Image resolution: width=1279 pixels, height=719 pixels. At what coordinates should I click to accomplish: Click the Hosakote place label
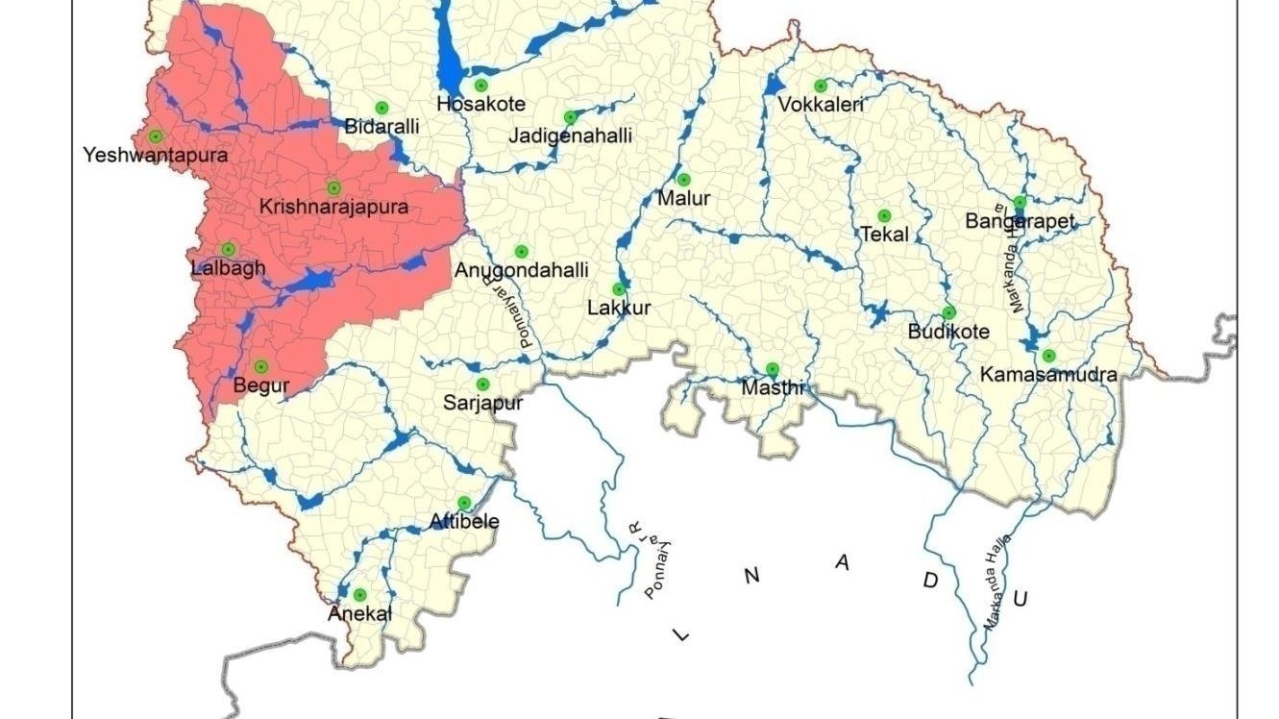point(480,104)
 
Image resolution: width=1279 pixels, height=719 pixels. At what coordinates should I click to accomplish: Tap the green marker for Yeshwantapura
point(156,136)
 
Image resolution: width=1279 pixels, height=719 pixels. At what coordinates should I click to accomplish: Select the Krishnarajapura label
point(333,207)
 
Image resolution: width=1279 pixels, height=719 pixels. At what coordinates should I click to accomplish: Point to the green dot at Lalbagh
point(229,250)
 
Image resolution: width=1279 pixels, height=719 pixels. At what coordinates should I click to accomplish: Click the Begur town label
point(260,386)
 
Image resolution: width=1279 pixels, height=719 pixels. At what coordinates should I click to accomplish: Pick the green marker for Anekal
point(359,595)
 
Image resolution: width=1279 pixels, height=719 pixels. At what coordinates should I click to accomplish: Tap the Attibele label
point(464,522)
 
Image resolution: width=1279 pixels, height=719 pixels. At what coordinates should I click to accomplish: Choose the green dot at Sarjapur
point(482,384)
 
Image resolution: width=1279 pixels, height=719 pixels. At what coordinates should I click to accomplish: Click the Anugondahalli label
point(521,271)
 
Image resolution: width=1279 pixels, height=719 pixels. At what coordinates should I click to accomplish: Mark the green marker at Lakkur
point(619,289)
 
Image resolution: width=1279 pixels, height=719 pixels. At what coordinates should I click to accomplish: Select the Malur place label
point(683,199)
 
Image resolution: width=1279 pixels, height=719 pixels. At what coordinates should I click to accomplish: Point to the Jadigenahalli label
point(570,136)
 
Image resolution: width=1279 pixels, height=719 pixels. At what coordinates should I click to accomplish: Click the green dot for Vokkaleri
point(821,87)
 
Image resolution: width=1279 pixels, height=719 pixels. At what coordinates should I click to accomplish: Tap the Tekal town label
point(884,235)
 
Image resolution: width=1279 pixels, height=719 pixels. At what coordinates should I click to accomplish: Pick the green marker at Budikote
point(948,313)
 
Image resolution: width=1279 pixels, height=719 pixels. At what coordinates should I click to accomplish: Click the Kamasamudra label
point(1048,375)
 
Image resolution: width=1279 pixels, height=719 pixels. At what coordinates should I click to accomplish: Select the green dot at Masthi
point(772,369)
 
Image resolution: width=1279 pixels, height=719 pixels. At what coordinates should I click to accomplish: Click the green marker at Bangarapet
point(1020,203)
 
